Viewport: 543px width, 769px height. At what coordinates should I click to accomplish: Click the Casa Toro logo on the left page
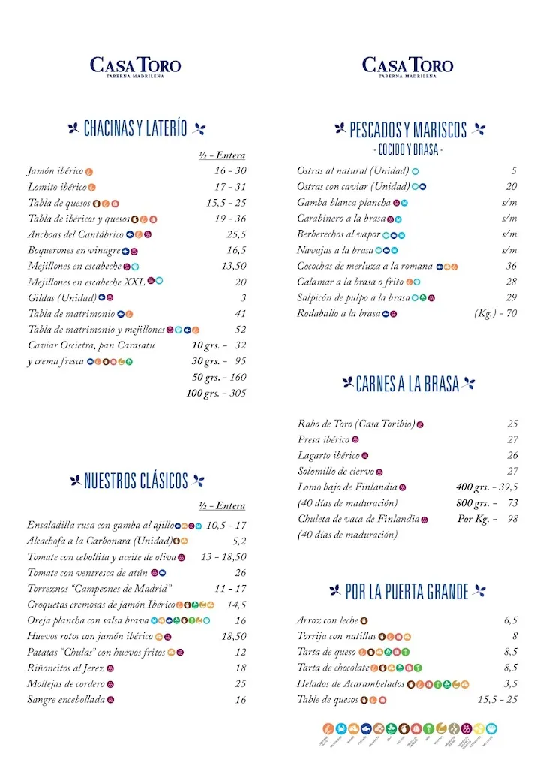pos(136,66)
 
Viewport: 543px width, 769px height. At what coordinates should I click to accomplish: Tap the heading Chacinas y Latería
pos(136,128)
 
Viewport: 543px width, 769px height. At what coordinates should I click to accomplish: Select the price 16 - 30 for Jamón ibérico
pos(230,171)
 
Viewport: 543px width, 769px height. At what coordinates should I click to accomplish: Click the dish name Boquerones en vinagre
pos(74,250)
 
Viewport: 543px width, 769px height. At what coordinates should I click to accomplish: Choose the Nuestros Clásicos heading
pos(136,481)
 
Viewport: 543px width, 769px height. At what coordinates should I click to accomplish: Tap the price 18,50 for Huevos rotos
pos(234,636)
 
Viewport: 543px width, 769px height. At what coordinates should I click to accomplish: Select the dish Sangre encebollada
pos(65,699)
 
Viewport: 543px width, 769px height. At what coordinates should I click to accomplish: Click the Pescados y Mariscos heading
pos(408,130)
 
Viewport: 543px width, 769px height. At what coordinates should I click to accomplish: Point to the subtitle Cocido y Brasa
pos(408,150)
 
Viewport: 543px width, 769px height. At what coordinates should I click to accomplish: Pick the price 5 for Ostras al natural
pos(514,171)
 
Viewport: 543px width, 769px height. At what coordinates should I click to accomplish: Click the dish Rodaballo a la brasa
pos(339,313)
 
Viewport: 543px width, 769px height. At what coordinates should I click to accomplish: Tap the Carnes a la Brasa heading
pos(408,384)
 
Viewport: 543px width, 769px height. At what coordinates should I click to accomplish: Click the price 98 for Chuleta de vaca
pos(513,519)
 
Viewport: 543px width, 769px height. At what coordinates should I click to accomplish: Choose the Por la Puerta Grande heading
pos(408,593)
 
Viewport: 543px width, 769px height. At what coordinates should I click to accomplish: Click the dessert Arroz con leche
pos(328,620)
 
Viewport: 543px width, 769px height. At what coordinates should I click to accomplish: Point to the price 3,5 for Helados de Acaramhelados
pos(511,683)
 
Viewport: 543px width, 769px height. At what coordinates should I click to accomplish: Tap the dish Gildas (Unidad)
pos(62,297)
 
